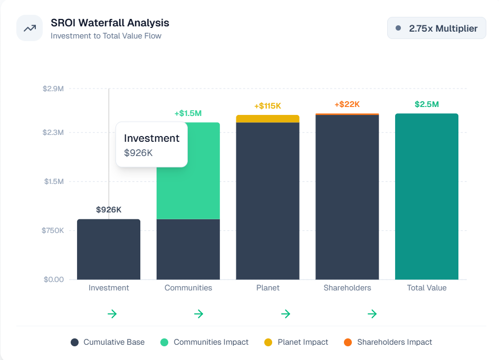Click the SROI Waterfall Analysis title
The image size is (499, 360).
click(110, 23)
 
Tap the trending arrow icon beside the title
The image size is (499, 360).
click(30, 28)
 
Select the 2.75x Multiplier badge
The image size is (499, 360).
click(436, 28)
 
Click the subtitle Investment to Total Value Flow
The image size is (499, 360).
click(106, 36)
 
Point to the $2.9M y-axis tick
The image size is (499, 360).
click(53, 89)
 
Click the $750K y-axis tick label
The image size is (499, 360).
click(53, 230)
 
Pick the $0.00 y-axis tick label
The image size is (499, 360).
click(54, 279)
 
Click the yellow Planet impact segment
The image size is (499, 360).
click(267, 119)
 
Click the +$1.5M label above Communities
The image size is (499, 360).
click(188, 113)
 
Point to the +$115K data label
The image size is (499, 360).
click(267, 106)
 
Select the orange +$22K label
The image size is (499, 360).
click(347, 104)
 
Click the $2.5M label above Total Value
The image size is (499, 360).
click(426, 104)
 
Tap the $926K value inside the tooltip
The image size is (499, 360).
click(138, 153)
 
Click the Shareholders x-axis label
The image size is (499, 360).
click(347, 288)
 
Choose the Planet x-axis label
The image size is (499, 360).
click(267, 288)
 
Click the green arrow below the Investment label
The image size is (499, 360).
click(112, 314)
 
